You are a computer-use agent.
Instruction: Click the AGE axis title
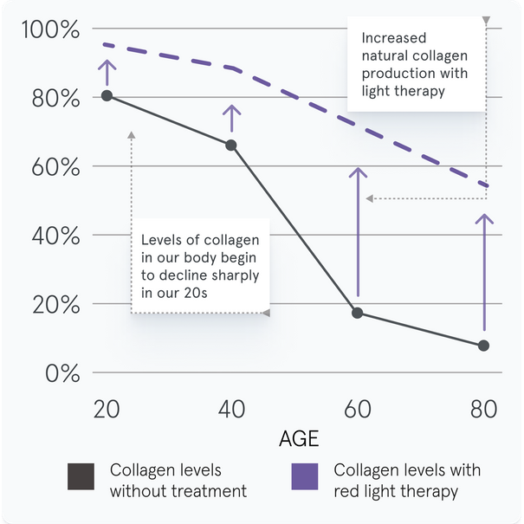coord(298,438)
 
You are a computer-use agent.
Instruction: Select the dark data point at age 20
coord(107,95)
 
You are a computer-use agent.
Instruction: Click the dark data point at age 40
coord(231,145)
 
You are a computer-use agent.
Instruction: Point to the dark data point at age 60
coord(357,313)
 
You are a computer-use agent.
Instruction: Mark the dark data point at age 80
coord(483,346)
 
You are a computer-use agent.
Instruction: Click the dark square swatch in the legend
coord(81,477)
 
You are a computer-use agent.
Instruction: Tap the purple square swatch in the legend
coord(305,477)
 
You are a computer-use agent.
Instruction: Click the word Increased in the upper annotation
coord(392,38)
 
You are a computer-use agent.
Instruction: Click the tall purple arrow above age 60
coord(356,234)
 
